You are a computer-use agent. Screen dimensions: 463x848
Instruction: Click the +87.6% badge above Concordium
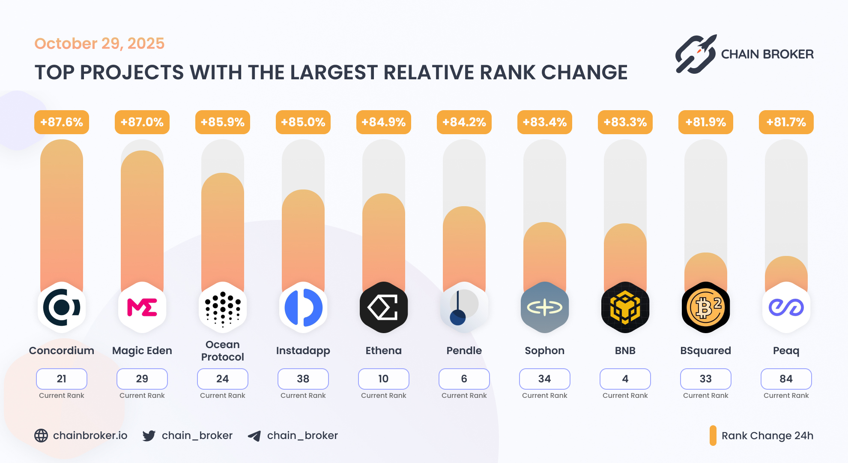[62, 122]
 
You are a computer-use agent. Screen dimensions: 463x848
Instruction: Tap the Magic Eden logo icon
[142, 307]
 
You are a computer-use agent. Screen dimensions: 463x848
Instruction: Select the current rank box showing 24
[223, 379]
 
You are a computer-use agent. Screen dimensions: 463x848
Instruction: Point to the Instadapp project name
[303, 351]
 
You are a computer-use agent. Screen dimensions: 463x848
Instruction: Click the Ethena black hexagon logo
[384, 307]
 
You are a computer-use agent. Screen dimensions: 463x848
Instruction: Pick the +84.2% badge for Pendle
[464, 122]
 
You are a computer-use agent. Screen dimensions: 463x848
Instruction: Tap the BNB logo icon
[625, 307]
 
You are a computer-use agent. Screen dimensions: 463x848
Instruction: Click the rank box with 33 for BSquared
[706, 379]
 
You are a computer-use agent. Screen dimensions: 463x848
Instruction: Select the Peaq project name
[786, 351]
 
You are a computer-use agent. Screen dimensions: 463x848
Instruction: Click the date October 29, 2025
[99, 43]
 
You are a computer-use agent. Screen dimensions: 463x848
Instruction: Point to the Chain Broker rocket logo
[696, 54]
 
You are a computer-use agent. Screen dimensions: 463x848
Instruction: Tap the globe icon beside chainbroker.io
[41, 436]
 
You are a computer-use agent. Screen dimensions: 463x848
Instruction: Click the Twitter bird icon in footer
[149, 436]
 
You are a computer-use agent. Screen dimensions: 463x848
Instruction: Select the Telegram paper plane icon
[254, 436]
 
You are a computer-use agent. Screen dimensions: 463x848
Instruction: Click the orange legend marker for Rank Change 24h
[713, 436]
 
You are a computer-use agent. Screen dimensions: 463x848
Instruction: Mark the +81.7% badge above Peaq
[786, 122]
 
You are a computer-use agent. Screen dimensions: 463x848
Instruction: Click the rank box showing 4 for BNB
[625, 379]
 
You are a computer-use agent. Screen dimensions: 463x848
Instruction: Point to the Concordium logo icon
[62, 307]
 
